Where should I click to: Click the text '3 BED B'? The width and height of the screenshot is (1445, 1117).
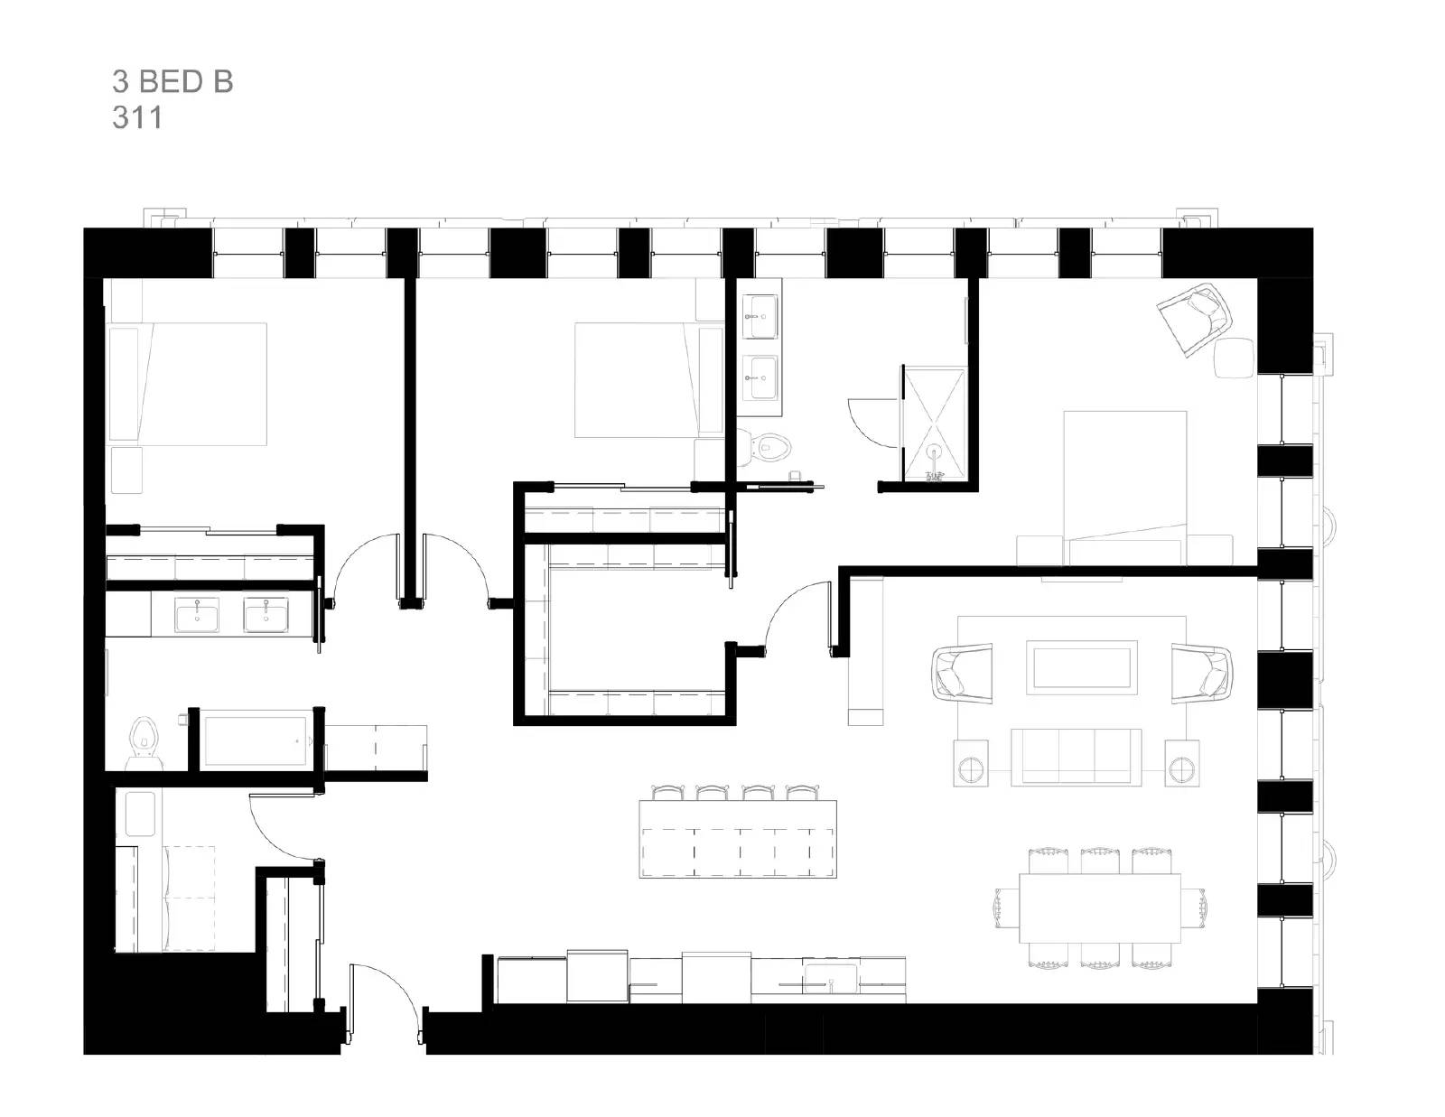click(x=172, y=82)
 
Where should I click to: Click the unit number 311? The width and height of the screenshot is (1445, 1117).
click(x=137, y=118)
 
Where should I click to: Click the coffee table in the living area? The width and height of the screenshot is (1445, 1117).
click(x=1080, y=668)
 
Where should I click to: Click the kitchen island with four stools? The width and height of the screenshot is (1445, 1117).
click(x=737, y=839)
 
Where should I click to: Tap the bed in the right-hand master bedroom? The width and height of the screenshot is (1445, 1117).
click(x=1124, y=488)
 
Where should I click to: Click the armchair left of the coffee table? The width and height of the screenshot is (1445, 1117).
click(x=960, y=672)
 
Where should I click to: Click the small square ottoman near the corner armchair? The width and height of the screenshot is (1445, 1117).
click(x=1234, y=358)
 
